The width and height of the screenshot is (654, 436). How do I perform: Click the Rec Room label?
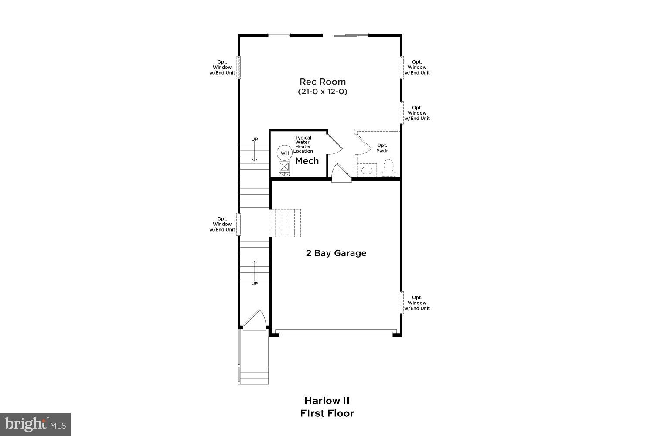[x=322, y=82]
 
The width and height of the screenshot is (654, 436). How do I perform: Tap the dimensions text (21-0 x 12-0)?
[x=322, y=92]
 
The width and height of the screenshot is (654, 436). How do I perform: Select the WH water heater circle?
[x=284, y=153]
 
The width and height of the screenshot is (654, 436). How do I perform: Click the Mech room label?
[x=307, y=161]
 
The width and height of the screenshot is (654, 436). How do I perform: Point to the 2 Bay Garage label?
[x=336, y=253]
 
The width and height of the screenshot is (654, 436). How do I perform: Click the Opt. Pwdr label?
[x=382, y=148]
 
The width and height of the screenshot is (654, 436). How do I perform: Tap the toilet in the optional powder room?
[x=388, y=167]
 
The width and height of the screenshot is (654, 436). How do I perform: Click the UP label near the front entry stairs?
[x=255, y=284]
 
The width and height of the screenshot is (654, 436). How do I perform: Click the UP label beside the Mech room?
[x=255, y=140]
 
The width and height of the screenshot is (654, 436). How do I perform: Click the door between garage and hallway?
[x=341, y=174]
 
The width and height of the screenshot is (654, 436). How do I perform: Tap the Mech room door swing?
[x=334, y=143]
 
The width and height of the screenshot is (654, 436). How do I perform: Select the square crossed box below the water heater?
[x=284, y=167]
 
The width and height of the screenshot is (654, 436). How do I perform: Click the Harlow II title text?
[x=327, y=401]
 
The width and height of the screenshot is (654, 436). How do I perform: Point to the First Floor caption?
[x=327, y=413]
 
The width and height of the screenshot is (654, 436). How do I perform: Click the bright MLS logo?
[x=35, y=424]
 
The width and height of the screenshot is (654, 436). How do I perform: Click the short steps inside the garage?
[x=286, y=223]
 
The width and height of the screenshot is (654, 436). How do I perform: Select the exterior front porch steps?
[x=253, y=375]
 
